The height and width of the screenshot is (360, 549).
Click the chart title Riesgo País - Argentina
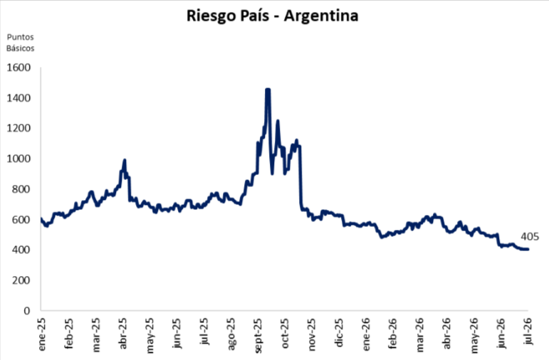[272, 16]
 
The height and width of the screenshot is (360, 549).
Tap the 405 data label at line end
[530, 237]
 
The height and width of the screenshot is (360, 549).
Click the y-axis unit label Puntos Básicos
[21, 43]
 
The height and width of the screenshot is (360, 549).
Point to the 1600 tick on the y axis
[19, 68]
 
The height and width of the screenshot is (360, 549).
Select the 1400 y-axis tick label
[19, 98]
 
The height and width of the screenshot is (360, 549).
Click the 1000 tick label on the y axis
[19, 159]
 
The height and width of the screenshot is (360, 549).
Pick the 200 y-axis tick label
[21, 280]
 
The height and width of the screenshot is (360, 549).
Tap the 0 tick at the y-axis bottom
[27, 311]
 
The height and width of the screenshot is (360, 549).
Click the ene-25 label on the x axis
[42, 334]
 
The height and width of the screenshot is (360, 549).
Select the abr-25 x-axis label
[122, 334]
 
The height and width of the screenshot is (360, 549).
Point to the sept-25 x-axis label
[258, 336]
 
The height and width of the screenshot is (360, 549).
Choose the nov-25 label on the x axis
[312, 334]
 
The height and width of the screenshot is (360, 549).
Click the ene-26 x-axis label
[365, 334]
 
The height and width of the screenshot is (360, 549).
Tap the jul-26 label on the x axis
[528, 332]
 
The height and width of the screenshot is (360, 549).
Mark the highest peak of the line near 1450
[268, 90]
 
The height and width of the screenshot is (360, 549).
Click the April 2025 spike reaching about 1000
[124, 160]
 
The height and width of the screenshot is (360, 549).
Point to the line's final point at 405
[528, 249]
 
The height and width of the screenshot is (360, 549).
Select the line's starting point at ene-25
[41, 218]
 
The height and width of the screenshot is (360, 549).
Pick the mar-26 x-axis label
[419, 334]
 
